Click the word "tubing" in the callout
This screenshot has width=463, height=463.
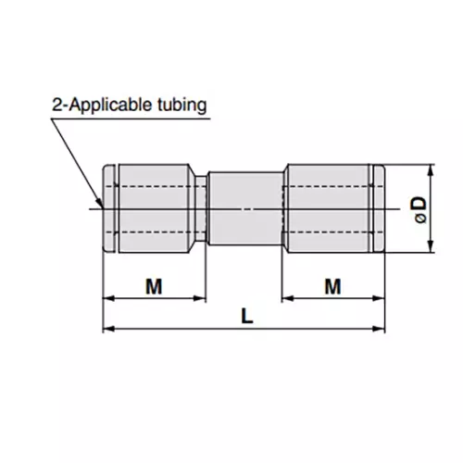point(182,104)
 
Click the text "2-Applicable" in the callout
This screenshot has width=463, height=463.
point(103,104)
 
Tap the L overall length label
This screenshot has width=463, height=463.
point(244,315)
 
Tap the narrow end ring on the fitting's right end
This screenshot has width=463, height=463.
point(379,208)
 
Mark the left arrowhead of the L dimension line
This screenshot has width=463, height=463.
point(107,329)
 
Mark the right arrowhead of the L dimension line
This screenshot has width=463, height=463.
point(379,329)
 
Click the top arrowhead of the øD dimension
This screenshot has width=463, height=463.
point(432,171)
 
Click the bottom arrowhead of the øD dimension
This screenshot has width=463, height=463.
point(432,245)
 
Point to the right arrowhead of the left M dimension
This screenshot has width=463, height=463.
point(200,298)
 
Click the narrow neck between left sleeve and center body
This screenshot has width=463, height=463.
point(200,208)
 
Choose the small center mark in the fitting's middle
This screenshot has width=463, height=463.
point(244,209)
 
